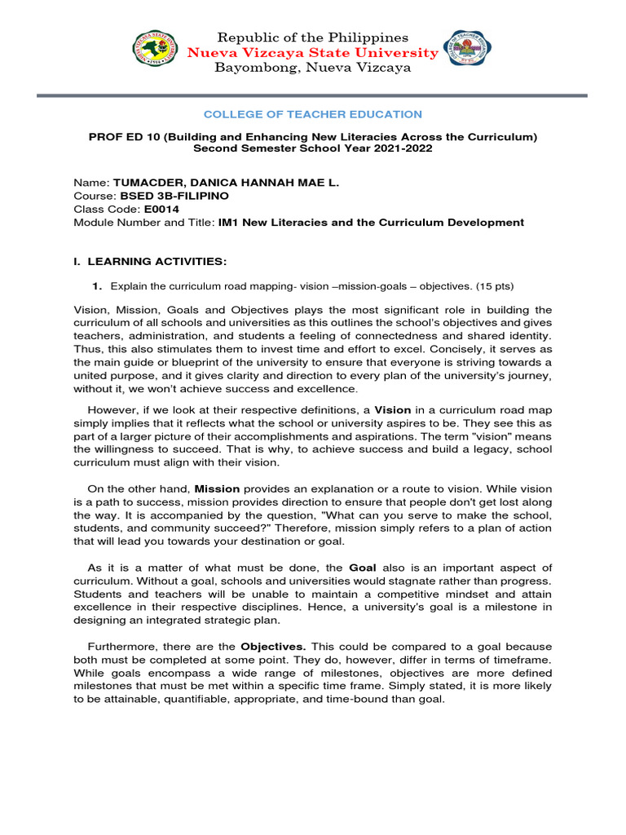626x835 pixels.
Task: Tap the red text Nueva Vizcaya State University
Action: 312,53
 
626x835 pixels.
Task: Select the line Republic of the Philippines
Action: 312,38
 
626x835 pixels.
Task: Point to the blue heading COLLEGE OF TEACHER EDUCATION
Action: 313,114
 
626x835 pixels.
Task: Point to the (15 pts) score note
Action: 493,286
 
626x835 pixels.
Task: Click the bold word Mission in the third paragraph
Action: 217,488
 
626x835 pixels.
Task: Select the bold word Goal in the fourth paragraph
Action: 363,567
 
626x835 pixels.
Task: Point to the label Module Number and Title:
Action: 143,222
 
